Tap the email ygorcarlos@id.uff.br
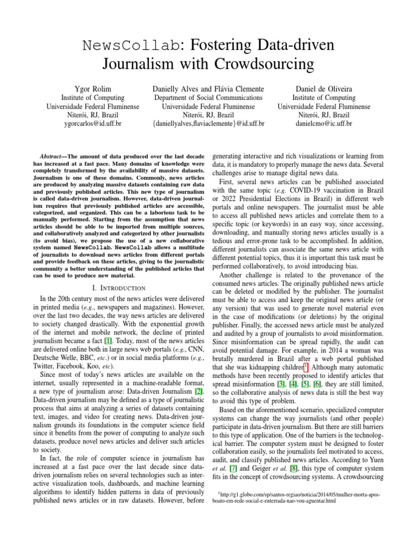coord(93,124)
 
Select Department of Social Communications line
coord(208,98)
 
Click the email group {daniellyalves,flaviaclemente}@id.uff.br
coord(208,124)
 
